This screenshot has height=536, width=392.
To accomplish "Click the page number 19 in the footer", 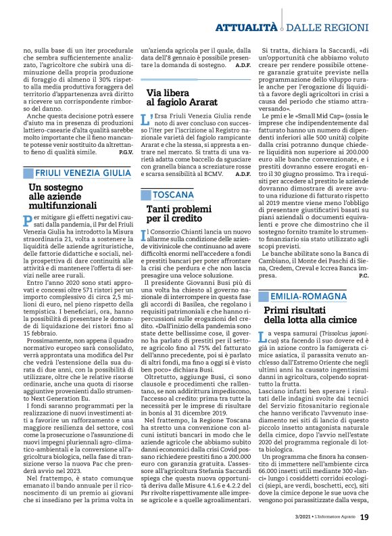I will [x=364, y=516].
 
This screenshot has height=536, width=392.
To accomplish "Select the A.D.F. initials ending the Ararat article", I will [x=243, y=174].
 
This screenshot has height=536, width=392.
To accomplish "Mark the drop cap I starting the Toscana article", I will [x=144, y=235].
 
